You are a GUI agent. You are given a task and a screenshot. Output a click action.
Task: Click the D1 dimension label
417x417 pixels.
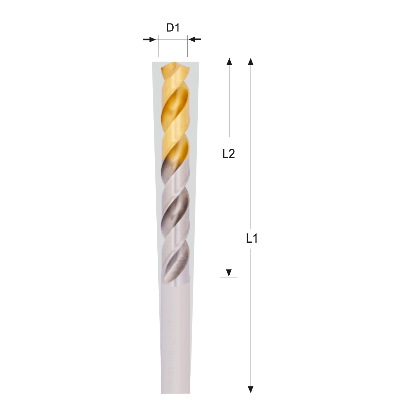(x=173, y=28)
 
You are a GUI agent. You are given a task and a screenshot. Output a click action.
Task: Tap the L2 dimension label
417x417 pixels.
(x=228, y=154)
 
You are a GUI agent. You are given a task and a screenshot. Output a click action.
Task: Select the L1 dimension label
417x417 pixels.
(x=252, y=239)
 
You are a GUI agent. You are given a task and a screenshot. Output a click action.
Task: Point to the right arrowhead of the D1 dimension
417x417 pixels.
(x=192, y=39)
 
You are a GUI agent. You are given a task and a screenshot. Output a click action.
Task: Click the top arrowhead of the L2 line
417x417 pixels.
(x=229, y=62)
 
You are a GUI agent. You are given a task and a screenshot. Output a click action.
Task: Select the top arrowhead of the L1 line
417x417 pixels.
(x=251, y=62)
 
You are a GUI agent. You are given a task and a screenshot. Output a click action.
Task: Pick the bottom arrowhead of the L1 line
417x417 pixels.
(x=251, y=389)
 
